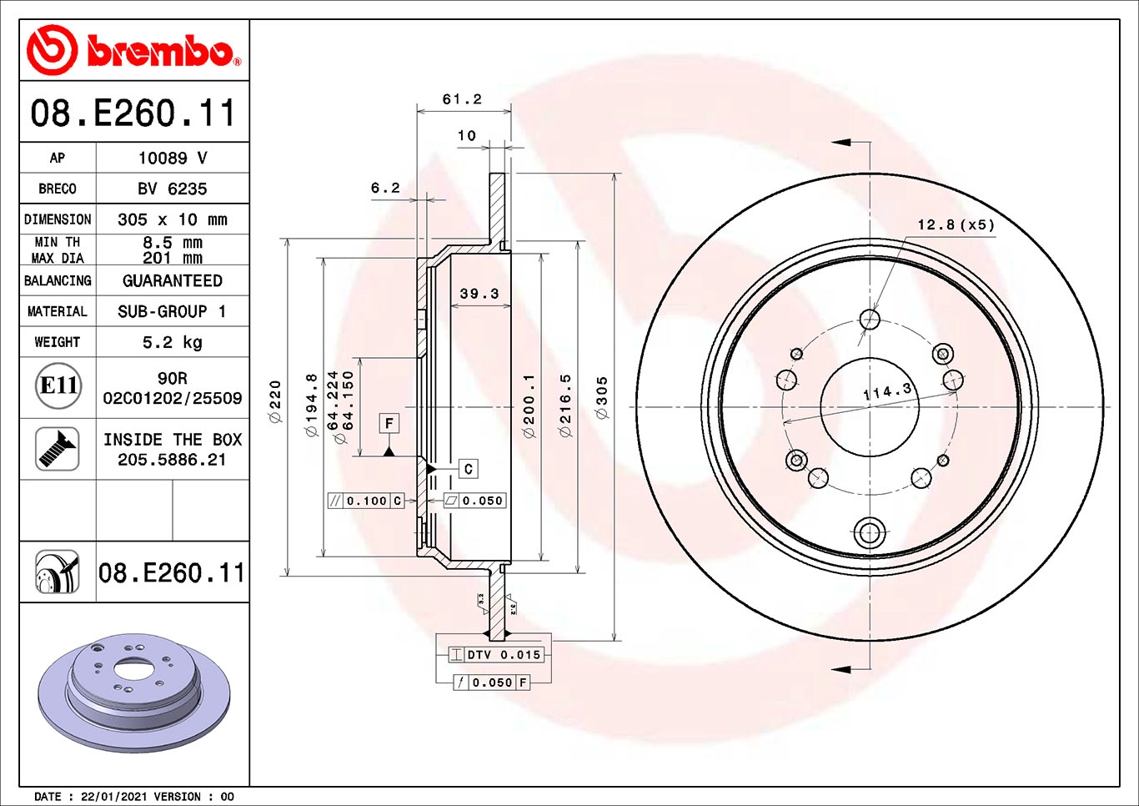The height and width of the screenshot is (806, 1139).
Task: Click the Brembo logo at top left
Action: [x=133, y=51]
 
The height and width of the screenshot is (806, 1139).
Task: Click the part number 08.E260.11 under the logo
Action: [x=133, y=113]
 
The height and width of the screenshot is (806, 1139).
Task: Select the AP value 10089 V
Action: [x=173, y=158]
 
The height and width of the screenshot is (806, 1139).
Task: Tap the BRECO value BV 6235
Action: [x=173, y=189]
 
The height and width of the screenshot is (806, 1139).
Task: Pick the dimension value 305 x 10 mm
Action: [x=173, y=219]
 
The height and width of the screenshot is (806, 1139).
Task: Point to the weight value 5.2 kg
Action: [x=173, y=342]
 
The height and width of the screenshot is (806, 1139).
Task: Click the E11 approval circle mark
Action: [x=58, y=385]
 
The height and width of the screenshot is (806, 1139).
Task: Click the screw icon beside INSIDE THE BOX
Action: [x=58, y=449]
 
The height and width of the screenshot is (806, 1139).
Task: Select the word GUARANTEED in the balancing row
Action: [x=173, y=281]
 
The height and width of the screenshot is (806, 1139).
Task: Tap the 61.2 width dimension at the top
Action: [x=462, y=99]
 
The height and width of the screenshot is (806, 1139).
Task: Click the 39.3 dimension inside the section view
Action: [x=479, y=294]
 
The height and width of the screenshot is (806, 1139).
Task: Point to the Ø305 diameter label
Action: [x=602, y=397]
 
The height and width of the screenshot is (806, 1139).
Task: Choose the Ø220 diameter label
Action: [x=275, y=401]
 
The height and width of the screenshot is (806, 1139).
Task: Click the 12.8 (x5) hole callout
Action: [x=956, y=224]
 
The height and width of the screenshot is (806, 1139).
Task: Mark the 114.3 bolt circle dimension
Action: [x=887, y=391]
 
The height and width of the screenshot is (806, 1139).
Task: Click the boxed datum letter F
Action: [x=389, y=423]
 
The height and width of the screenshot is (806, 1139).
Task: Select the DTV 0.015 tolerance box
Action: [x=497, y=655]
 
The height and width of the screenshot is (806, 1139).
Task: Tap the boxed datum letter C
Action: [x=468, y=469]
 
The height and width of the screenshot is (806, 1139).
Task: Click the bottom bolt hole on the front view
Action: [x=870, y=531]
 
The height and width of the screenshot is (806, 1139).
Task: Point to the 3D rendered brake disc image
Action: [x=133, y=693]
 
